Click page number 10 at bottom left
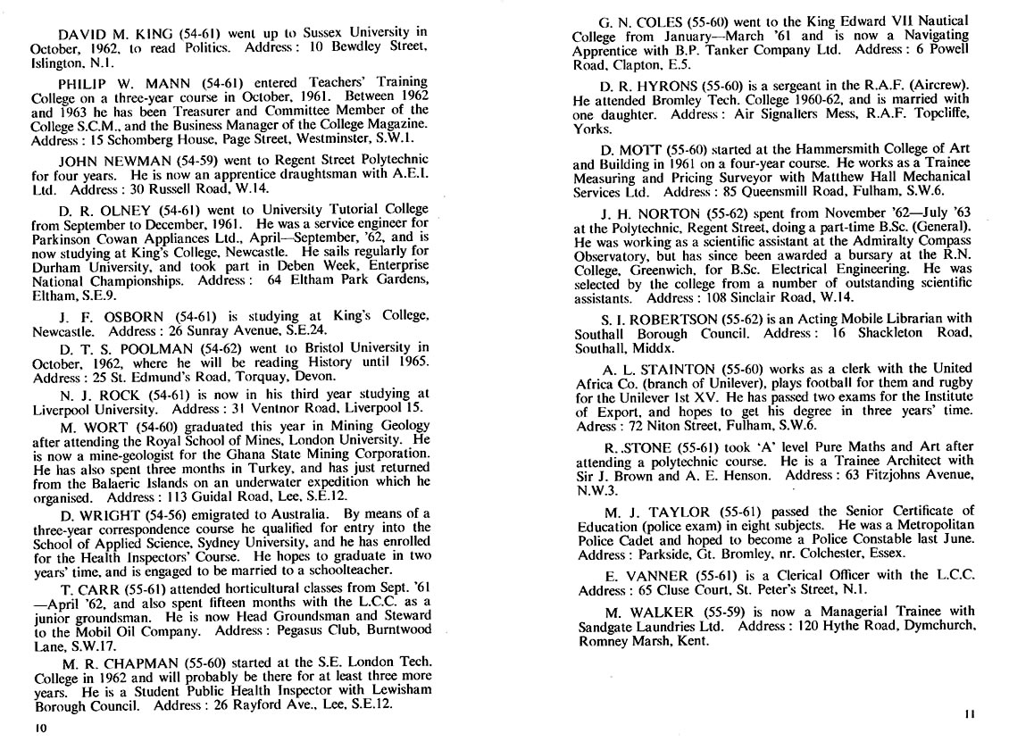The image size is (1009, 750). (40, 729)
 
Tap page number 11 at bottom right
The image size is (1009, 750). (971, 714)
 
